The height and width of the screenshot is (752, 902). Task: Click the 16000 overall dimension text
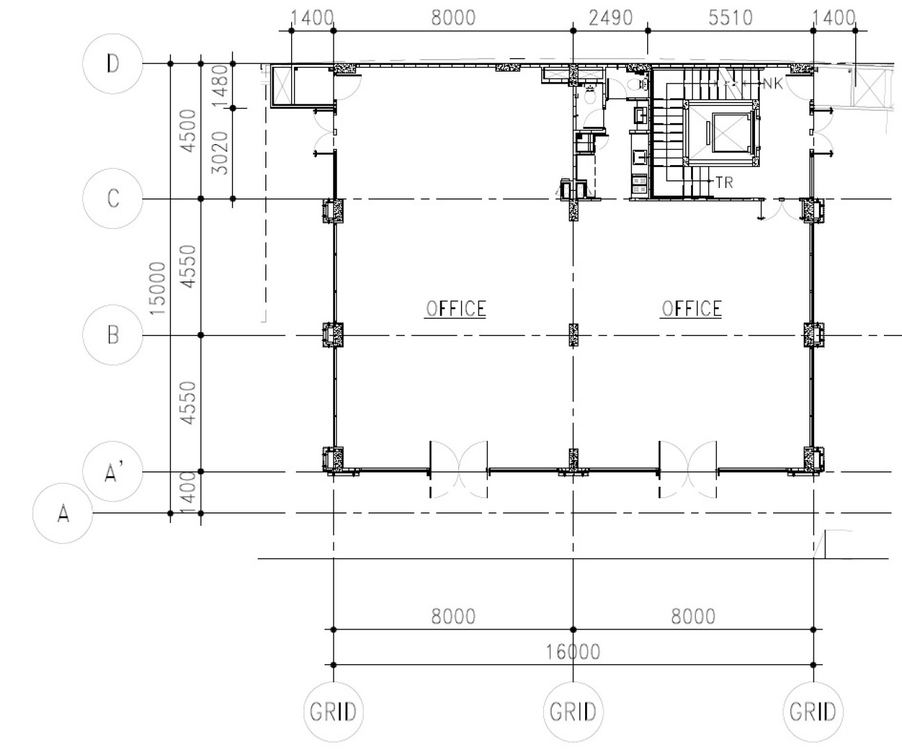[x=573, y=652]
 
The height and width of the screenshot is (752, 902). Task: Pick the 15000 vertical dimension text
[x=157, y=288]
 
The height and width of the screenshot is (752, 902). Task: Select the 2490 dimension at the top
[x=610, y=18]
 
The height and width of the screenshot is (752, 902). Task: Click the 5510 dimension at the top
[x=730, y=18]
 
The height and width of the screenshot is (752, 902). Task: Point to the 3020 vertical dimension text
[x=219, y=153]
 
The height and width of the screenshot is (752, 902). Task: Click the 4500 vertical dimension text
[x=188, y=131]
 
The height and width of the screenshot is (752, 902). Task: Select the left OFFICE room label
[x=456, y=309]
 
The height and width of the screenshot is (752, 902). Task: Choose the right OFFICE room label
[x=691, y=309]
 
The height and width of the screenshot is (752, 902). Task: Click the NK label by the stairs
[x=773, y=84]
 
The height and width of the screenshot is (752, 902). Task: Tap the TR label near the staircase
[x=724, y=182]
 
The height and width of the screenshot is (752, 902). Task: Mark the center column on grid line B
[x=573, y=335]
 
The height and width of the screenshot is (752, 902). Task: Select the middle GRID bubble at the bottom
[x=573, y=712]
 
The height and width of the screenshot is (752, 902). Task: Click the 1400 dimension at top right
[x=834, y=18]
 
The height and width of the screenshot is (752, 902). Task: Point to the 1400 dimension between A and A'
[x=188, y=492]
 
